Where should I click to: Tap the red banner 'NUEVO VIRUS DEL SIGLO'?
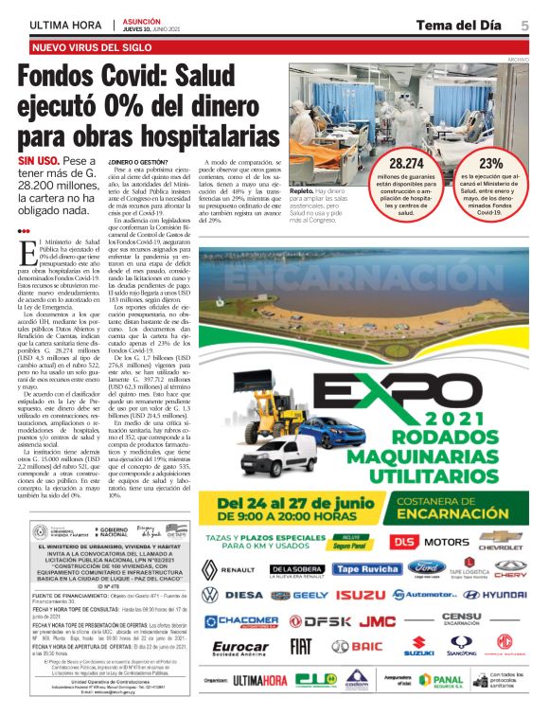(x=92, y=45)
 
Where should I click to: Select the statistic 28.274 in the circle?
(x=406, y=164)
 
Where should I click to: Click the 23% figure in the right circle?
(x=491, y=164)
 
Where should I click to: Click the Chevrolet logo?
(x=501, y=541)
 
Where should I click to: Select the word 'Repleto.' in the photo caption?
(x=305, y=191)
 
